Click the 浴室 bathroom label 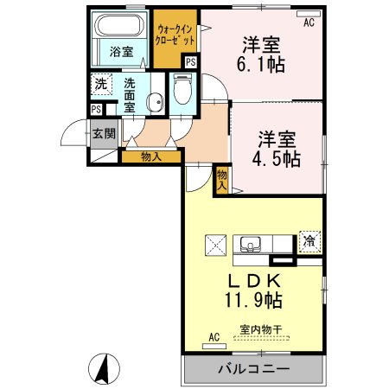[x=121, y=52]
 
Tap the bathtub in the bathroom [x=121, y=25]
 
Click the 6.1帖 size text [x=264, y=64]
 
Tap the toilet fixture [x=182, y=90]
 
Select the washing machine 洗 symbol [x=102, y=85]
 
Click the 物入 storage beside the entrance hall [x=150, y=156]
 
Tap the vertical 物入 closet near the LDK [x=222, y=179]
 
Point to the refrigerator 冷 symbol [x=309, y=241]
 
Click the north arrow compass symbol [x=102, y=371]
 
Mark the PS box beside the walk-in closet [x=190, y=62]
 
